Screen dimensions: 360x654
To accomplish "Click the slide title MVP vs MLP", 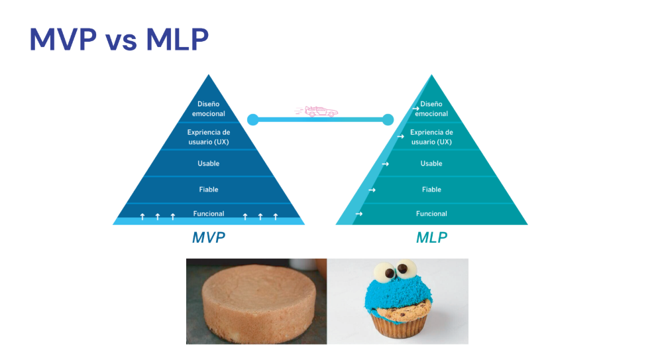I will coord(119,40).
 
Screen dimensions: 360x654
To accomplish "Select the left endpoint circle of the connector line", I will coord(252,119).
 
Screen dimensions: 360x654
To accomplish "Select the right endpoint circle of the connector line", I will coord(388,119).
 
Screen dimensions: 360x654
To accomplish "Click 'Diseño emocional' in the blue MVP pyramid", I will coord(208,109).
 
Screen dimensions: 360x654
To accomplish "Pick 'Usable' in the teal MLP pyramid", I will coord(431,164).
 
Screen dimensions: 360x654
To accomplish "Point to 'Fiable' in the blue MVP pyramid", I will coord(208,190).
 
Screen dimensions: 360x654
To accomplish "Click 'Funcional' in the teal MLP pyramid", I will coord(431,213).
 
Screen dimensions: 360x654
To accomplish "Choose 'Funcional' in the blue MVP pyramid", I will coord(208,213).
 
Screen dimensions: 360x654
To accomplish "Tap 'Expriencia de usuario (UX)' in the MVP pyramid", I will coord(208,137).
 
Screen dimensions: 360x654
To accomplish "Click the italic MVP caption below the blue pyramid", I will coord(209,237).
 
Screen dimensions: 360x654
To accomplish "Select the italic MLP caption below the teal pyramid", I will coord(431,237).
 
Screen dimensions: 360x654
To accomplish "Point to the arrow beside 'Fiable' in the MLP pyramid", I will coord(372,190).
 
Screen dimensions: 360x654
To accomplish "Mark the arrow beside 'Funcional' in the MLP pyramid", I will coord(358,214).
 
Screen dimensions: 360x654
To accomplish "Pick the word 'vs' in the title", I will coord(120,41).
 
